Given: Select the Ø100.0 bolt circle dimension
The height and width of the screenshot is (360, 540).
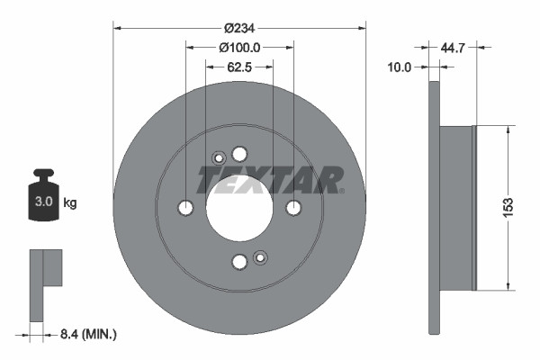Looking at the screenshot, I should coord(239,47).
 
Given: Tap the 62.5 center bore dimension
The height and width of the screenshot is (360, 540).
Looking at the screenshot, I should coord(238,67).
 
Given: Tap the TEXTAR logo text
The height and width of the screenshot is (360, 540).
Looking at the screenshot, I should coord(269,179).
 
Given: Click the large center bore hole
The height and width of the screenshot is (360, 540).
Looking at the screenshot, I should coord(239,208).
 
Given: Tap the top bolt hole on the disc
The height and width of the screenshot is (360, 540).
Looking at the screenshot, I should coord(239,154).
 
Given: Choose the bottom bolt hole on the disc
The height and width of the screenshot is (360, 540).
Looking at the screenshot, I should coord(239,262).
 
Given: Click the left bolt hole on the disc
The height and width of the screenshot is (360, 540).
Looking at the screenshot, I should coord(185,208).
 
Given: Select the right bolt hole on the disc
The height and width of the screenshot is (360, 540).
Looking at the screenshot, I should coord(293,208).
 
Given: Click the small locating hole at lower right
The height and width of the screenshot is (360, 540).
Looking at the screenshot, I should coord(260,257).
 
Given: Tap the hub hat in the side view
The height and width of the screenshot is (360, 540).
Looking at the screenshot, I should coord(457,208).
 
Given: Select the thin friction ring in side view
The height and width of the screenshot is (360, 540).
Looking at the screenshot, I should coord(434,208).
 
